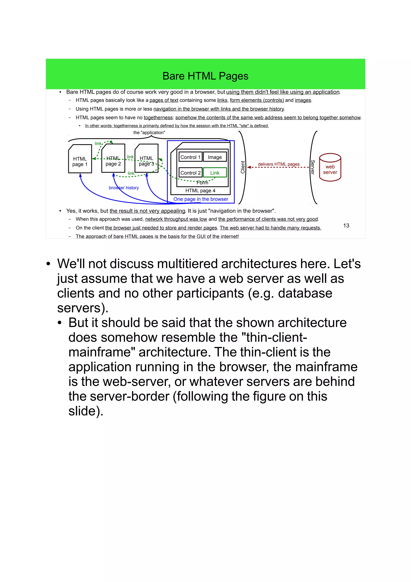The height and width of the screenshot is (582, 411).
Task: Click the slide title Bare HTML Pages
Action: tap(205, 76)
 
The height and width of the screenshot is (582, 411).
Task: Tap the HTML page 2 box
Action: tap(113, 158)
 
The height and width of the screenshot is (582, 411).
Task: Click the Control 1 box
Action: tap(190, 157)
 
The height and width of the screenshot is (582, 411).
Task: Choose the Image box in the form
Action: tap(215, 157)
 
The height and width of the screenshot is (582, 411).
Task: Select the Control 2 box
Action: tap(190, 173)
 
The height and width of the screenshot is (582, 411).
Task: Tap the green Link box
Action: tap(215, 173)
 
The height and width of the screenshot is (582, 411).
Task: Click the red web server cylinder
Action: tap(330, 167)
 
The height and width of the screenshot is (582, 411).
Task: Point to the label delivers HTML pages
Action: tap(279, 164)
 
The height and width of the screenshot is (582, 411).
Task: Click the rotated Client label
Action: tap(243, 167)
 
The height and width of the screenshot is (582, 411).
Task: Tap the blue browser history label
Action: tap(124, 188)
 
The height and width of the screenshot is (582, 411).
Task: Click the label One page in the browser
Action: tap(200, 199)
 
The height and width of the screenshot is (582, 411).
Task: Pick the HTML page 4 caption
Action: tap(200, 190)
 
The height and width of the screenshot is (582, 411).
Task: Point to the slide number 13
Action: tap(346, 225)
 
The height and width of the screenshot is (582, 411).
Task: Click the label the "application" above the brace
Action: tap(149, 133)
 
